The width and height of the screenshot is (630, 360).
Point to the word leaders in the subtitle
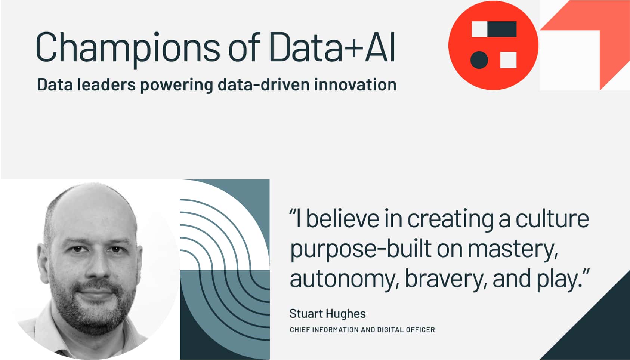pos(106,84)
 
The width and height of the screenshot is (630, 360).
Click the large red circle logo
pos(493,45)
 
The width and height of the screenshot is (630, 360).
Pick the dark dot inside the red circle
pos(479,60)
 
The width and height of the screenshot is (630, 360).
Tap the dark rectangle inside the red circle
pos(502,29)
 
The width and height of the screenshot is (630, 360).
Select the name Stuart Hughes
pos(327,314)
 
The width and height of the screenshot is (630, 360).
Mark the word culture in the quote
pos(552,219)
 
